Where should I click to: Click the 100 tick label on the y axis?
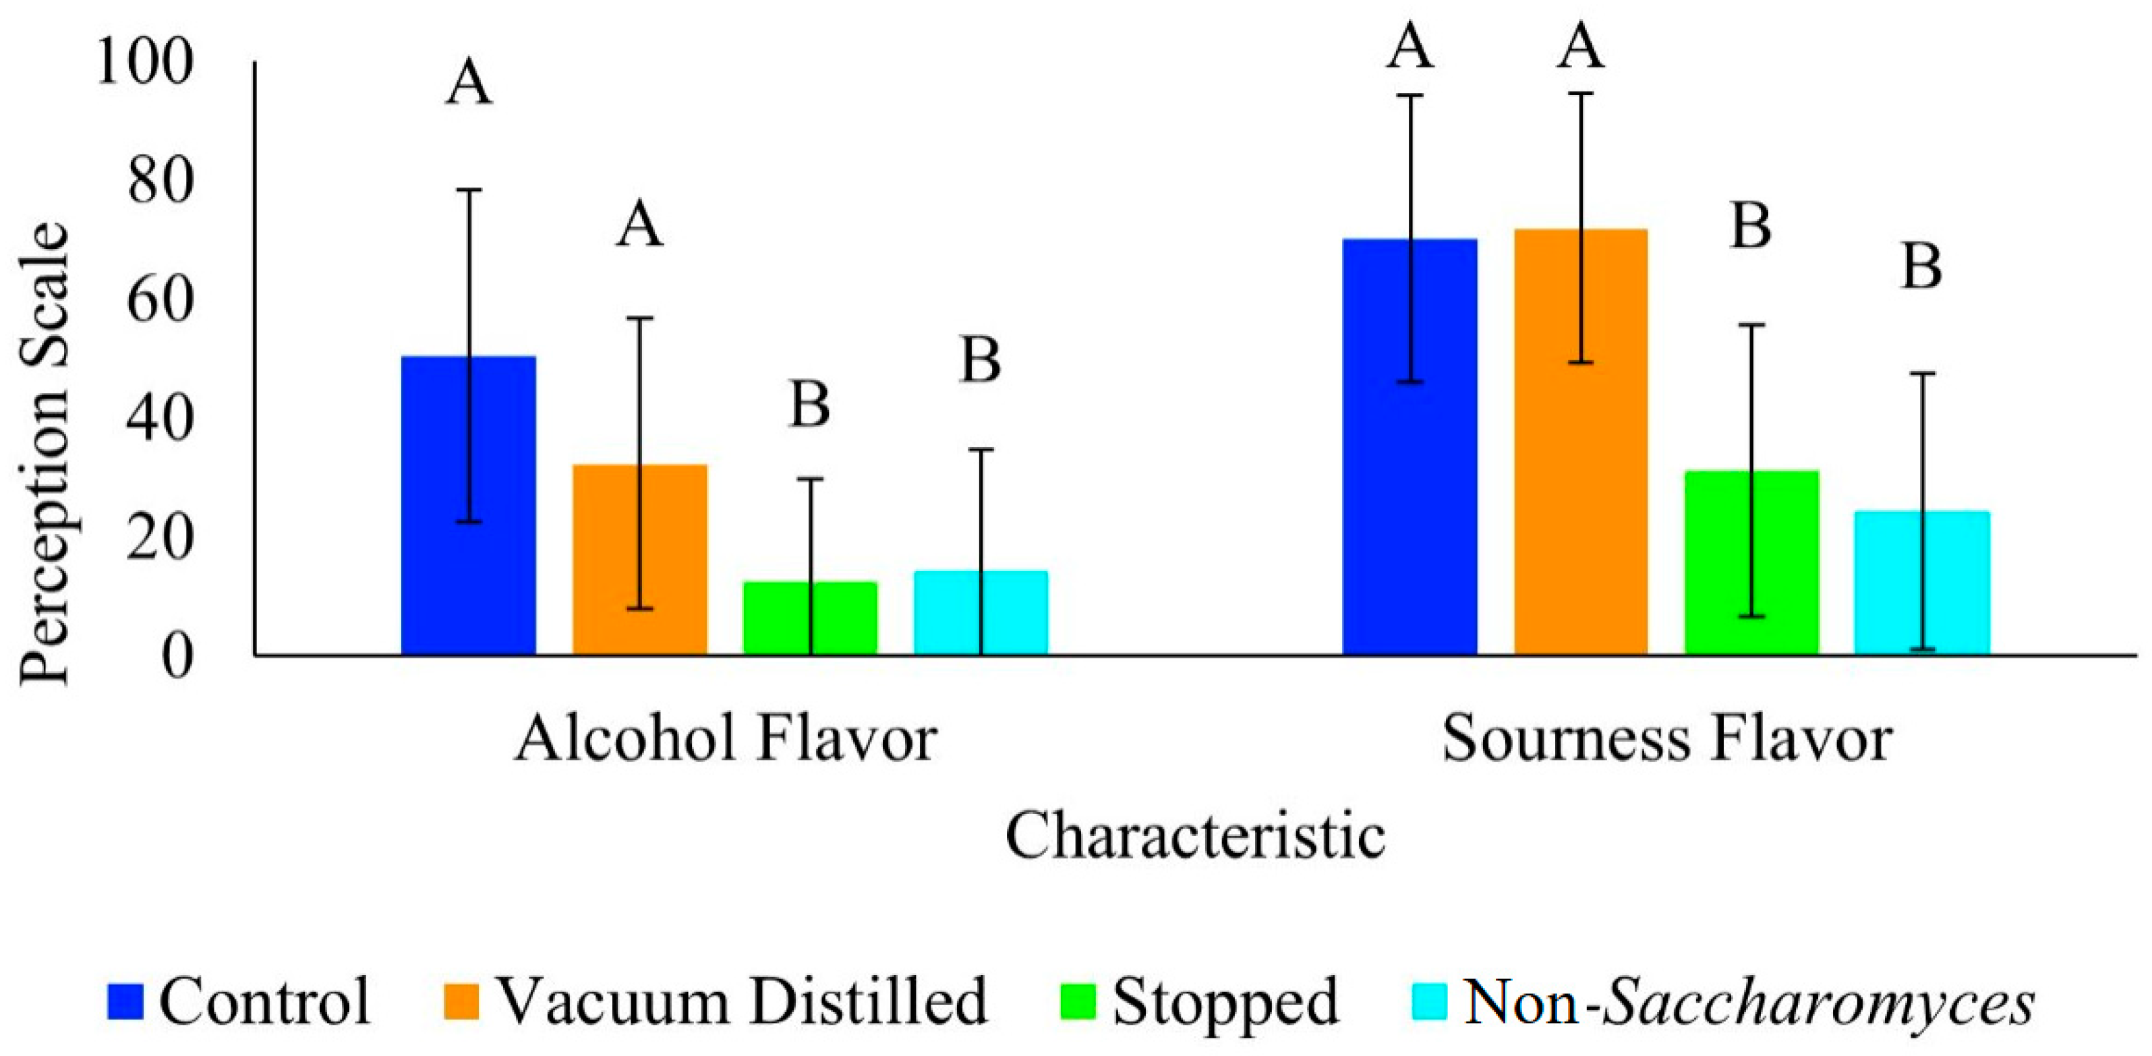click(x=144, y=62)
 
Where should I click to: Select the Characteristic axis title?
click(x=1194, y=836)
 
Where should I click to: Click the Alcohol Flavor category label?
click(x=725, y=739)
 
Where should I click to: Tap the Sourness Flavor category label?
click(x=1666, y=739)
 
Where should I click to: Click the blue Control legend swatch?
click(x=125, y=1001)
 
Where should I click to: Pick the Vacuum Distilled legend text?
click(x=743, y=1001)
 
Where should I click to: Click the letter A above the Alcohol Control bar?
click(x=468, y=84)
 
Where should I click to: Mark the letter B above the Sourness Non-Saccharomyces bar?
click(x=1921, y=267)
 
